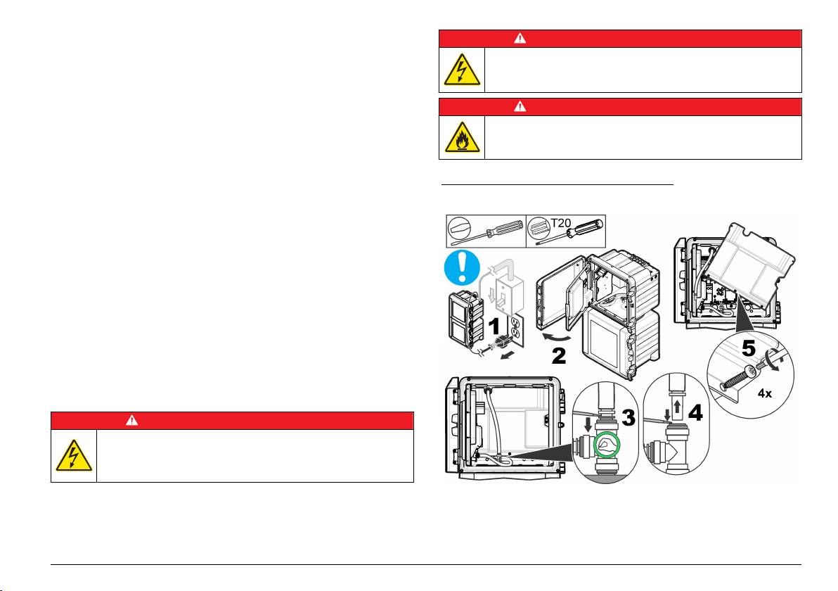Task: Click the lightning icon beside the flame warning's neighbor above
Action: point(461,70)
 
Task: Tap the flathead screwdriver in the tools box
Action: point(486,231)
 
